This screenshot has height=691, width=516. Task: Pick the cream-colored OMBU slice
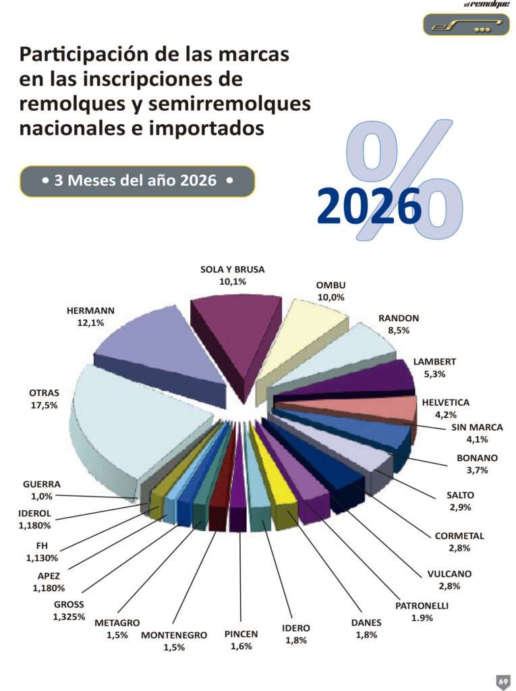[304, 335]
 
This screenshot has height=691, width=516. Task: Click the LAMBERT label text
[434, 362]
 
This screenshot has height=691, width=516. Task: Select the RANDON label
[399, 319]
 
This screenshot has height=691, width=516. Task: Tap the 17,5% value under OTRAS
[44, 406]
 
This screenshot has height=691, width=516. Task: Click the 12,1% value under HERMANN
[91, 323]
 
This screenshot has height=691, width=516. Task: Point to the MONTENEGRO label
[174, 635]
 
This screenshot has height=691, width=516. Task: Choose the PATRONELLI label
[422, 606]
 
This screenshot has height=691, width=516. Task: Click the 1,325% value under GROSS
[69, 617]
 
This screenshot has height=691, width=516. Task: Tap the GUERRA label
[42, 485]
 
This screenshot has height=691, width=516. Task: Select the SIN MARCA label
[477, 427]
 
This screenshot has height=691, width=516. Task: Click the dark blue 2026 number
[369, 206]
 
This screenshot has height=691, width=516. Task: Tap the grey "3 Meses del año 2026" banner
[138, 181]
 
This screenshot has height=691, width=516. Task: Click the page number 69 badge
[503, 681]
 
